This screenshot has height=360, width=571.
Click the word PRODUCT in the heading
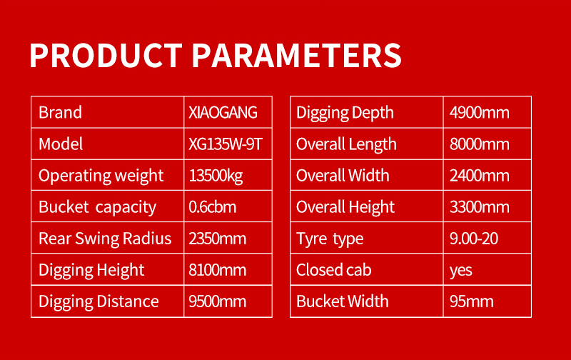pos(106,56)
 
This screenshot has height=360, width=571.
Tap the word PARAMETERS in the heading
pos(296,56)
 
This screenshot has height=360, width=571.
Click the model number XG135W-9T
pos(226,144)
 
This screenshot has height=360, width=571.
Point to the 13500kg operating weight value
pos(216,176)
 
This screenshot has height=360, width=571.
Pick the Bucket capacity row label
pos(97,207)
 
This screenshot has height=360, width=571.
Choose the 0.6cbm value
pos(212,207)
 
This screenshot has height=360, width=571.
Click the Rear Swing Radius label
pos(105,239)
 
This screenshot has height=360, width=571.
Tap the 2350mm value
pos(218,239)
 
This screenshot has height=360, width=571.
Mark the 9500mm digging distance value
pos(218,301)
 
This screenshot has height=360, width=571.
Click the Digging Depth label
pos(345,113)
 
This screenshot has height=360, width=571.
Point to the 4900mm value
pos(479,112)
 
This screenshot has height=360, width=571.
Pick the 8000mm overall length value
pos(479,144)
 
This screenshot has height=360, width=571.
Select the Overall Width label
pos(343,176)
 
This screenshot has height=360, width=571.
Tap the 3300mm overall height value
pos(479,207)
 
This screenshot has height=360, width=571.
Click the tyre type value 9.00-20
pos(474,239)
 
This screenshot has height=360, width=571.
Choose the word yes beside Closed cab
pos(460,271)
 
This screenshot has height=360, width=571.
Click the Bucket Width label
pos(343,301)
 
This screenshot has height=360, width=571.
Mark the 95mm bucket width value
pos(472,301)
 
